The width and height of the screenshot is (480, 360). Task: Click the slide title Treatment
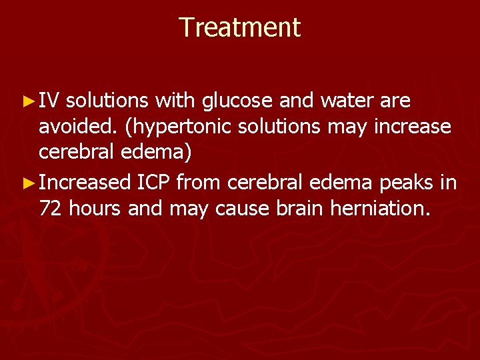240,27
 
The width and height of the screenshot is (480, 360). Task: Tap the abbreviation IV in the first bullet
49,101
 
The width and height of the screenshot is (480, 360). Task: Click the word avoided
73,126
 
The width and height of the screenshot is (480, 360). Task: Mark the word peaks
407,183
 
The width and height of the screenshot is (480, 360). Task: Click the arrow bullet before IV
27,102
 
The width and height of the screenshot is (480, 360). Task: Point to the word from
204,183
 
